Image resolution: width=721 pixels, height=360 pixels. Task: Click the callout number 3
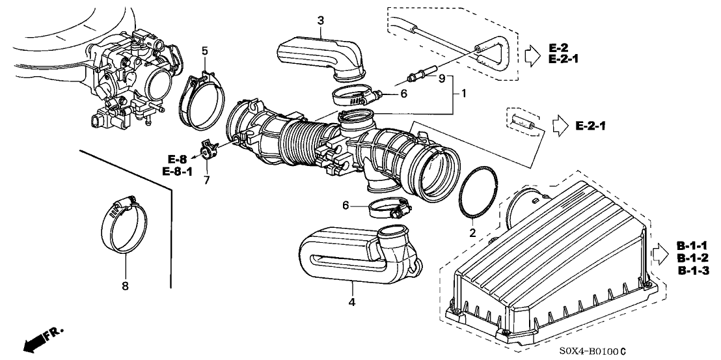tap(321, 21)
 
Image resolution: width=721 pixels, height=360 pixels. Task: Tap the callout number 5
tap(204, 50)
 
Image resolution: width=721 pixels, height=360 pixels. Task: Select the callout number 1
tap(464, 94)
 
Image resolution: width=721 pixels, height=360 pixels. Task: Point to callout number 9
tap(441, 79)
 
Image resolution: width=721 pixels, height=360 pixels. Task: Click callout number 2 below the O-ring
tap(473, 232)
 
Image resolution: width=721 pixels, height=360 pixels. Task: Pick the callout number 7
tap(206, 180)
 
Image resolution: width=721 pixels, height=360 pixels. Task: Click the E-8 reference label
tap(177, 159)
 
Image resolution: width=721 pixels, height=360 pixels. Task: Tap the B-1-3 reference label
tap(692, 270)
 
